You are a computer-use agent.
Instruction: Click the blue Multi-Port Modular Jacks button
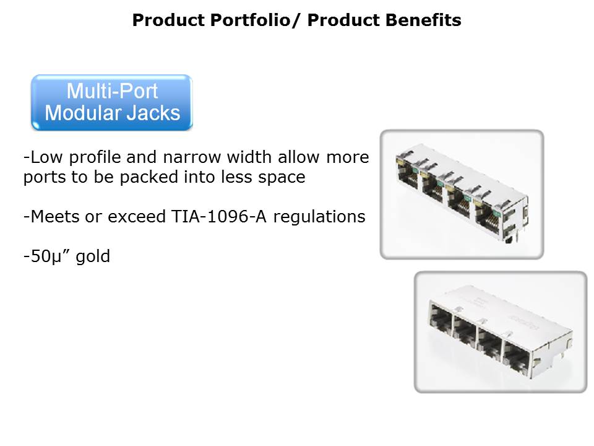pyautogui.click(x=112, y=102)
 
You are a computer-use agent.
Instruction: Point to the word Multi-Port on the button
pyautogui.click(x=112, y=91)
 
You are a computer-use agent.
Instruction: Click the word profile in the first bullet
pyautogui.click(x=95, y=157)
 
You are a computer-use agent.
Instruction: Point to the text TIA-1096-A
pyautogui.click(x=219, y=217)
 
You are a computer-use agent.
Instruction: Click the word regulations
pyautogui.click(x=319, y=217)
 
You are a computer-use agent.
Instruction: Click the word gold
pyautogui.click(x=93, y=256)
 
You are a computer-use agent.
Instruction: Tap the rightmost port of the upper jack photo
pyautogui.click(x=489, y=219)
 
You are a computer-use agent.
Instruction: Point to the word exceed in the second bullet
pyautogui.click(x=137, y=217)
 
